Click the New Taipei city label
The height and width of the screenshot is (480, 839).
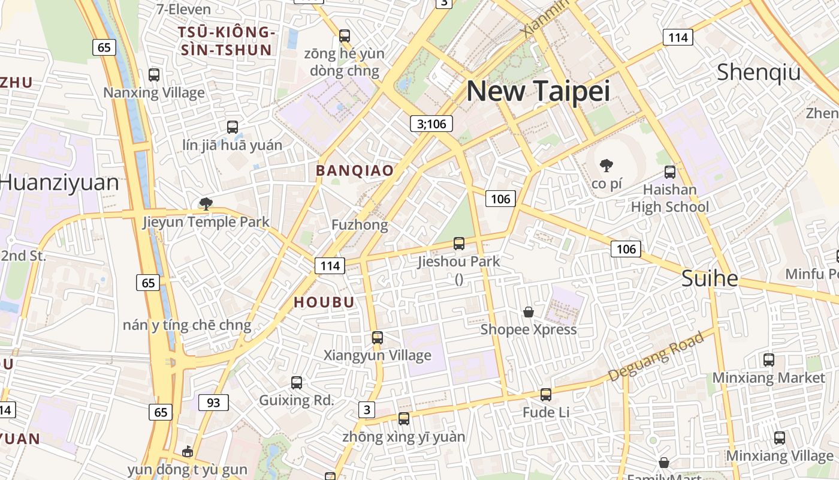(538, 91)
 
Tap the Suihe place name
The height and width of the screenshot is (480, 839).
(710, 278)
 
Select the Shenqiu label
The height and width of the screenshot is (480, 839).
(759, 72)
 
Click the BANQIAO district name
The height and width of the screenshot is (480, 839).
(355, 170)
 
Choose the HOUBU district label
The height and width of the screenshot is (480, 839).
(324, 302)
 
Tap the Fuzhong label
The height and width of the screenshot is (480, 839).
(360, 225)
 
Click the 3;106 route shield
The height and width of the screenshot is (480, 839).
(431, 124)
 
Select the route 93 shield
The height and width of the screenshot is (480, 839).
(213, 403)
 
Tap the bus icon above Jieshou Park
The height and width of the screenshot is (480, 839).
(459, 243)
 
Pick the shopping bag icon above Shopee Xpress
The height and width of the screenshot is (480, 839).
(529, 312)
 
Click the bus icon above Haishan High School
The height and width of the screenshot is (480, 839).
(670, 172)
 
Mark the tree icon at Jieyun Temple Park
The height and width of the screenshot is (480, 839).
(206, 204)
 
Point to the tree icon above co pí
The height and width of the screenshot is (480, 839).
(606, 166)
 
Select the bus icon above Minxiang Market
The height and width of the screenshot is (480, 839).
(769, 360)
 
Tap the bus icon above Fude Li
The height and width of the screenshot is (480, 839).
(546, 394)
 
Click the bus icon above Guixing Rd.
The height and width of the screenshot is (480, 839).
(297, 382)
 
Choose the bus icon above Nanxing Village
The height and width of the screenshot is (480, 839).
(154, 75)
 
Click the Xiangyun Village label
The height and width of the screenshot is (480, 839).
(378, 355)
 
